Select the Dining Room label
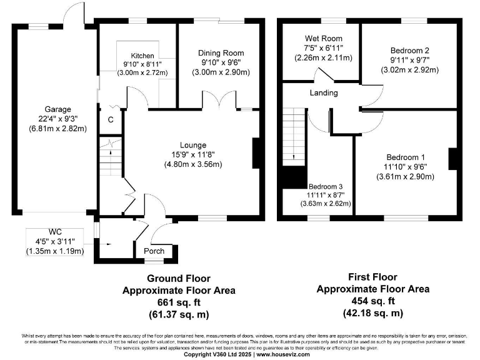[221, 53]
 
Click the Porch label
[154, 251]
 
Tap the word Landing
[323, 93]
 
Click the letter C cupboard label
[111, 121]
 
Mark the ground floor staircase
[109, 160]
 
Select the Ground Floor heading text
[179, 279]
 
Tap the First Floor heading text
[373, 277]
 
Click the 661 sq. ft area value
[178, 301]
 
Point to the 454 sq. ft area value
[373, 300]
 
